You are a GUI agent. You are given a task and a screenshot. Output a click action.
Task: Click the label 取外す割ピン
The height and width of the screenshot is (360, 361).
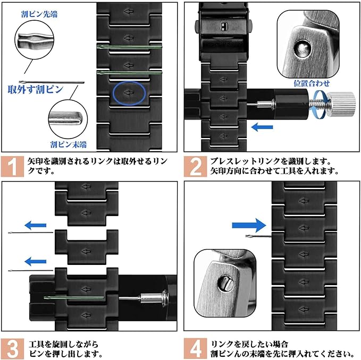pyautogui.click(x=35, y=89)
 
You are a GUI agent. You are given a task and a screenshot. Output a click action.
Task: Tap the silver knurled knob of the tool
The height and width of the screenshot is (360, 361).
pyautogui.click(x=340, y=99)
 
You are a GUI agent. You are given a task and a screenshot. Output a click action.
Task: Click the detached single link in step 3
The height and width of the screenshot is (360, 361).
pyautogui.click(x=87, y=247)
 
